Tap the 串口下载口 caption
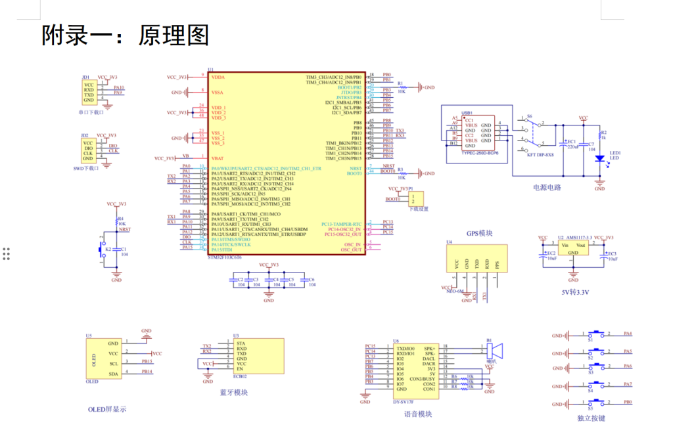tap(91, 112)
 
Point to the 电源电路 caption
tap(547, 187)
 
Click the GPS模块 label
tap(479, 233)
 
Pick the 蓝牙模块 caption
tap(234, 393)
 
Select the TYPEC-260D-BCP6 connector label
tap(480, 153)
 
